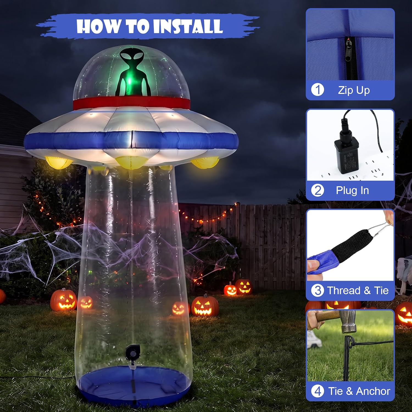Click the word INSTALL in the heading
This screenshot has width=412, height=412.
188,26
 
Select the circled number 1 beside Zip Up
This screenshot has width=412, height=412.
318,90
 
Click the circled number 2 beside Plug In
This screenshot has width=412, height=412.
318,190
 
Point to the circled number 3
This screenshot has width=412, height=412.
318,290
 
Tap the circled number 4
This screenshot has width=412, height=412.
318,391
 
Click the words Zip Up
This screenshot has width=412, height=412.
354,90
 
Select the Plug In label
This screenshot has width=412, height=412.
352,191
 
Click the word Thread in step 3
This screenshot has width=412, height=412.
344,290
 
